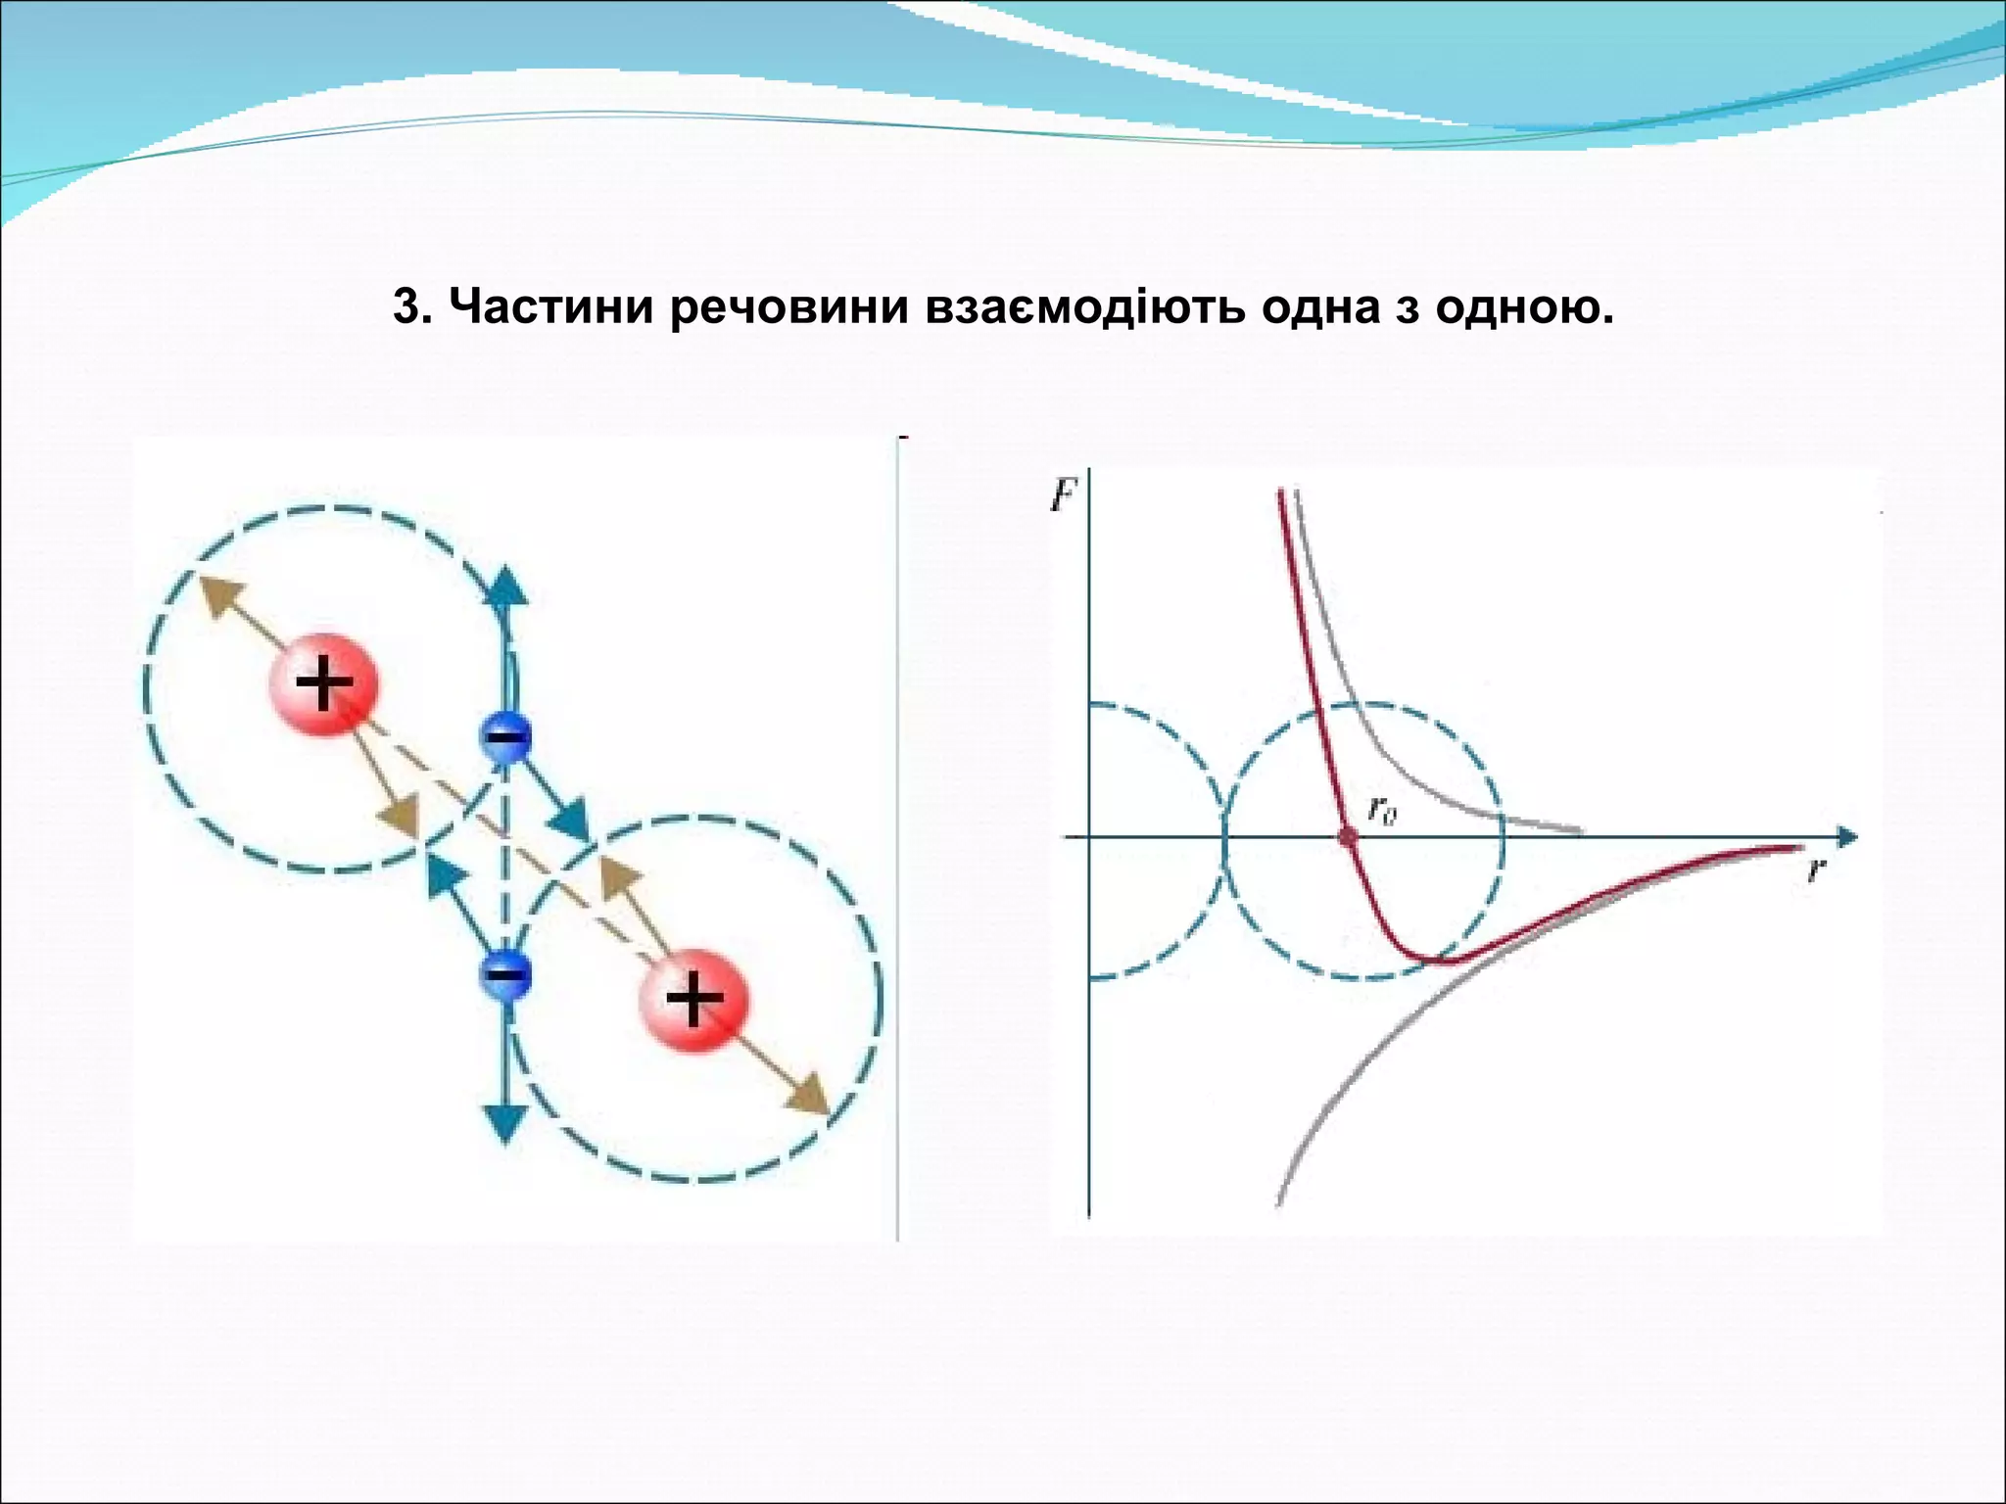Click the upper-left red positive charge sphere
coord(324,682)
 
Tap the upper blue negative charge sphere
coord(505,736)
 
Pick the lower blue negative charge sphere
coord(505,974)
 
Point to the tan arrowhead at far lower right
coord(812,1097)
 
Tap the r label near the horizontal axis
coord(1815,869)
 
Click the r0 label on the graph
coord(1382,810)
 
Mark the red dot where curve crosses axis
coord(1348,836)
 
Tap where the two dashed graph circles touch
coord(1224,838)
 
